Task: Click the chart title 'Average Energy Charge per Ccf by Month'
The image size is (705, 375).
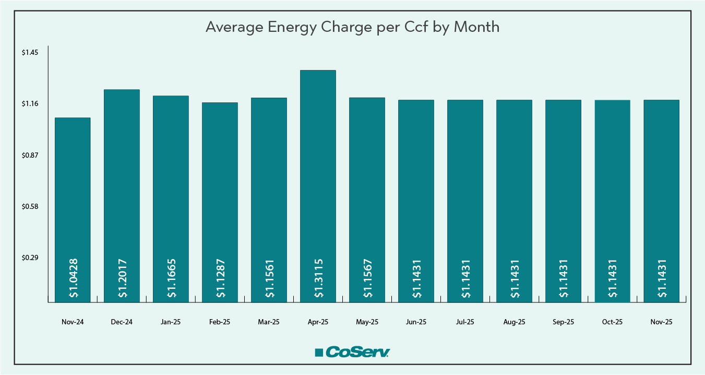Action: click(352, 27)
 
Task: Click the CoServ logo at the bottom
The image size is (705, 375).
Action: click(352, 352)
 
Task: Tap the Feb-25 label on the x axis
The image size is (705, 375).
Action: click(220, 322)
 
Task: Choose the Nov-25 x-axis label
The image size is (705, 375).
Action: click(661, 322)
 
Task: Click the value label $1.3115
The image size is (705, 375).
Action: click(318, 278)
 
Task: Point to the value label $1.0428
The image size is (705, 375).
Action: click(73, 278)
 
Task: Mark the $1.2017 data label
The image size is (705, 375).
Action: click(122, 278)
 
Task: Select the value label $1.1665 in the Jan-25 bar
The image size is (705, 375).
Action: click(171, 278)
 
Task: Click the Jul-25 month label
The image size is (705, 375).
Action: click(465, 322)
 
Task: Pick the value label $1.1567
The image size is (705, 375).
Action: click(367, 278)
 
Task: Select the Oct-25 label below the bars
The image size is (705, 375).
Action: click(612, 322)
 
